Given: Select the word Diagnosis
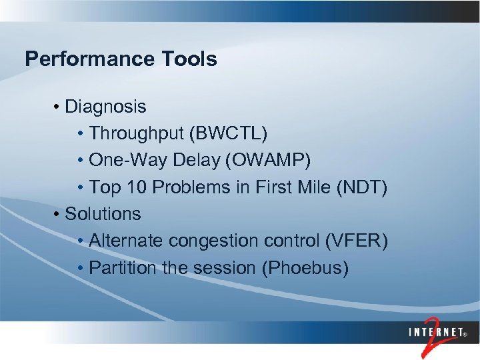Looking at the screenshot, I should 105,106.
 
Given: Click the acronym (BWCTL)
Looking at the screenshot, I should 229,133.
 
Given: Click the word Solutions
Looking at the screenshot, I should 103,214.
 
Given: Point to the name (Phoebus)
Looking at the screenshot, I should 305,268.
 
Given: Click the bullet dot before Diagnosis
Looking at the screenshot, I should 59,107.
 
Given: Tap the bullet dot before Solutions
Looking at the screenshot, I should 59,215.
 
